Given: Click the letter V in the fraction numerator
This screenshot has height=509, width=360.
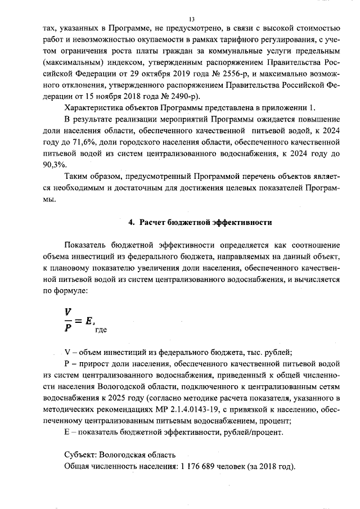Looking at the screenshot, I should click(x=67, y=310).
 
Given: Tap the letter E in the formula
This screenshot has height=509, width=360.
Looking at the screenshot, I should click(x=89, y=319).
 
